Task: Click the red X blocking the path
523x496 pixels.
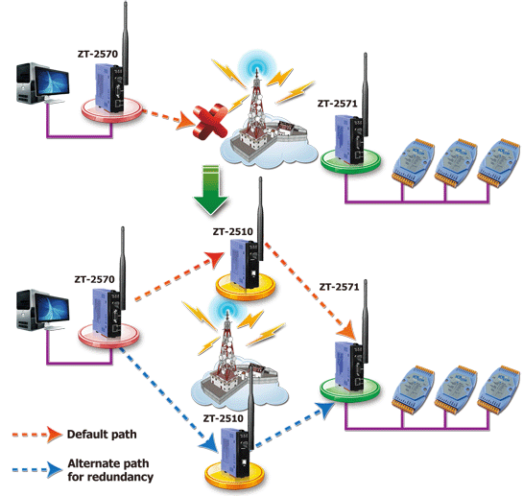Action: [x=210, y=121]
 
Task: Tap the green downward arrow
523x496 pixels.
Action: [x=211, y=189]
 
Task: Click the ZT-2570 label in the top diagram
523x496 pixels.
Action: [x=98, y=54]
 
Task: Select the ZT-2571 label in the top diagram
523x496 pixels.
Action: [x=337, y=104]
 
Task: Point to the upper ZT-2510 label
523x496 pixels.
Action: [x=233, y=231]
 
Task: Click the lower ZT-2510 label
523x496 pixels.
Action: [x=224, y=418]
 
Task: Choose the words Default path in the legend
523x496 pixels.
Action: [x=102, y=435]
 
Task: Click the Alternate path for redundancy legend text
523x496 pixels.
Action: [x=110, y=470]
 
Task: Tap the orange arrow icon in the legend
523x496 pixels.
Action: [x=36, y=435]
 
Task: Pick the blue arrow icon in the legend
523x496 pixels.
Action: [x=36, y=470]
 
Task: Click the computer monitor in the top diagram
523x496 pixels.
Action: [x=52, y=83]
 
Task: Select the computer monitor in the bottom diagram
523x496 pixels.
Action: [x=52, y=310]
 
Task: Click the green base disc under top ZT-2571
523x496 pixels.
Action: [x=350, y=161]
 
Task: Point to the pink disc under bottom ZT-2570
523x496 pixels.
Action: [x=108, y=336]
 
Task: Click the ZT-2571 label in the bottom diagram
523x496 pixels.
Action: [x=339, y=287]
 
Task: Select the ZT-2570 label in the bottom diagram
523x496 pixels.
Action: [x=94, y=279]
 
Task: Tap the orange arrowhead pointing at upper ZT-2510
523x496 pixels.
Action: [x=214, y=259]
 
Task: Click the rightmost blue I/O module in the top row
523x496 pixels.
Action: [x=498, y=163]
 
